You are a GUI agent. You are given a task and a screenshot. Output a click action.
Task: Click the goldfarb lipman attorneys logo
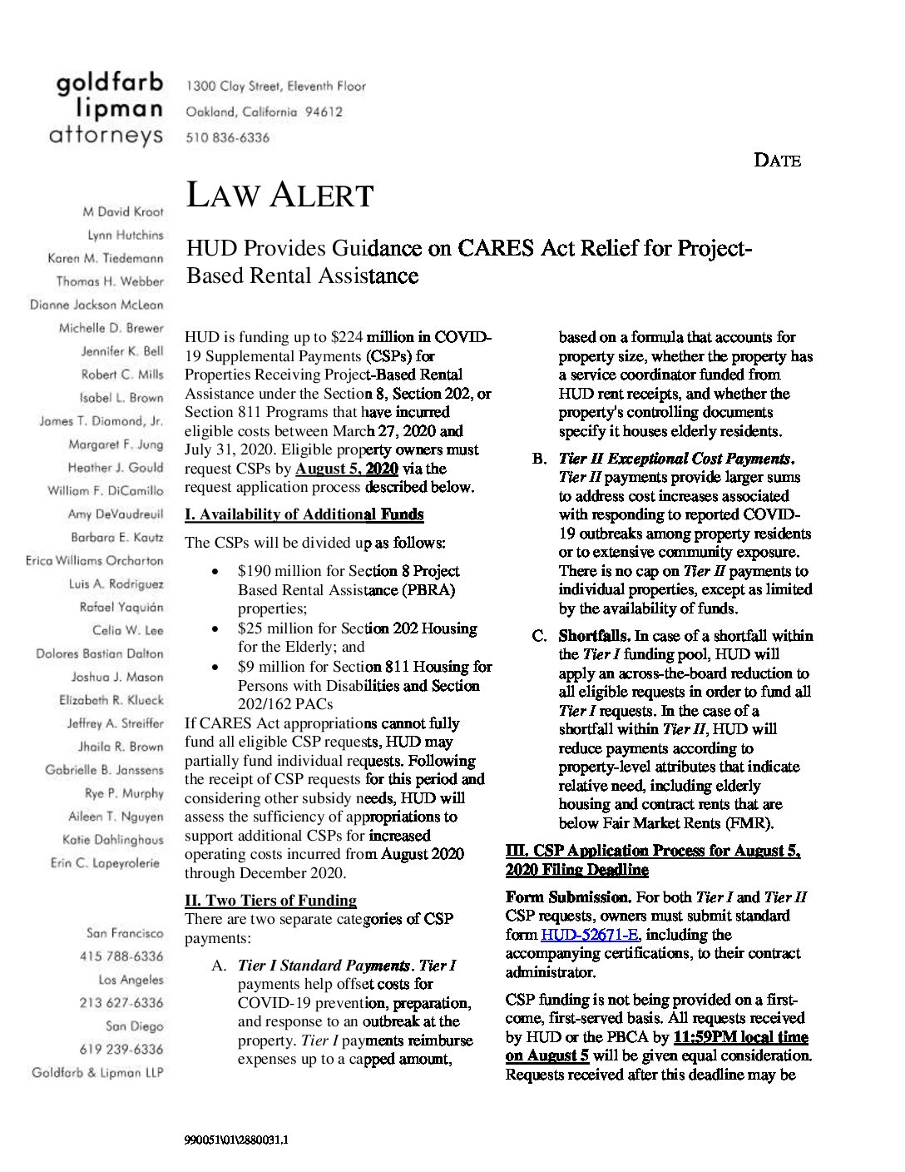[109, 110]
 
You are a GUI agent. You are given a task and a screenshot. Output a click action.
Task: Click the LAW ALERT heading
[279, 195]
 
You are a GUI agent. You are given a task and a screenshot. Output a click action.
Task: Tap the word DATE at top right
[777, 161]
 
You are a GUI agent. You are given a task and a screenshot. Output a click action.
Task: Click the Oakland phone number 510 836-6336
[227, 137]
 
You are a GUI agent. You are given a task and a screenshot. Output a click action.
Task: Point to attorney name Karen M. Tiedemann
[106, 259]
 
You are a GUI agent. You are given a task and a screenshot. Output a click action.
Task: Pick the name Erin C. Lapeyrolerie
[105, 863]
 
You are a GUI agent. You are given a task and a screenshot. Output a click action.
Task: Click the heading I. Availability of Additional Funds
[304, 514]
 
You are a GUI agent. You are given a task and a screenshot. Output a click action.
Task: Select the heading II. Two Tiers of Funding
[270, 900]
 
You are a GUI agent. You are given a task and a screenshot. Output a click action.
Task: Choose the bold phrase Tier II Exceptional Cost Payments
[675, 459]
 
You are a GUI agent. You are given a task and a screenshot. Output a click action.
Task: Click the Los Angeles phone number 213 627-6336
[121, 1003]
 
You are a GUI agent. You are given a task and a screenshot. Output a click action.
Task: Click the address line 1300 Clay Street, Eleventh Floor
[275, 86]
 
